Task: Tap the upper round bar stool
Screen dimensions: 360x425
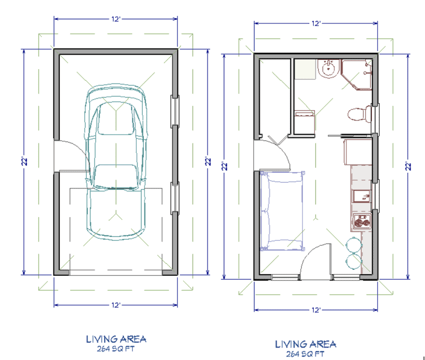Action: (353, 243)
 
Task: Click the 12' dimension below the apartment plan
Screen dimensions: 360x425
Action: (316, 310)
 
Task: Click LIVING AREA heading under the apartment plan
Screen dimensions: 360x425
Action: (305, 343)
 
